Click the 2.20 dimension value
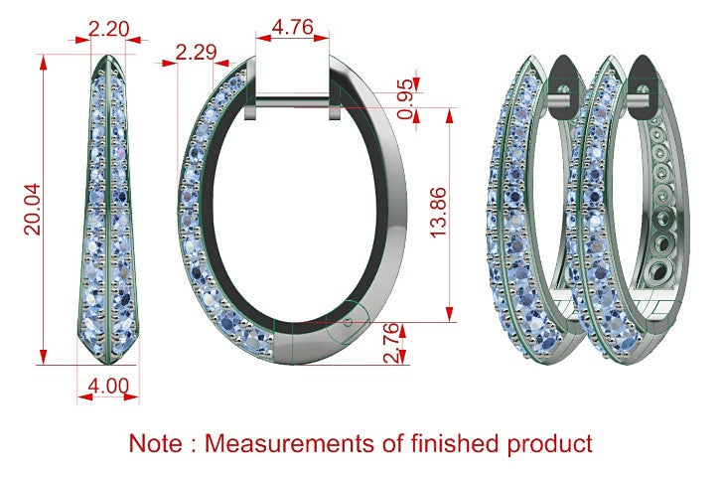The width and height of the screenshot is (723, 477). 109,29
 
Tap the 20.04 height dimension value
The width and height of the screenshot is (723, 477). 33,210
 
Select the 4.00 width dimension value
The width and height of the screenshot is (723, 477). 108,386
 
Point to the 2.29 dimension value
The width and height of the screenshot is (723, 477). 196,53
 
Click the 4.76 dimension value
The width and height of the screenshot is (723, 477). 292,27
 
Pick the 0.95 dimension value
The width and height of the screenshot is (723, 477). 406,98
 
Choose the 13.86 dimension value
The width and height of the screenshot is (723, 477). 438,213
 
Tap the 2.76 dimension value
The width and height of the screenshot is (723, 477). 390,343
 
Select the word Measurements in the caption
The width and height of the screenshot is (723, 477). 290,443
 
